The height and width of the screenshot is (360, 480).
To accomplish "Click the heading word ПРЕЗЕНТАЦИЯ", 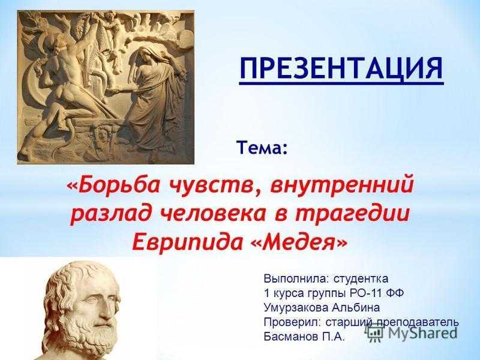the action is pyautogui.click(x=341, y=68).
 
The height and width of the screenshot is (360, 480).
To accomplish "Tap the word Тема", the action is pyautogui.click(x=260, y=148).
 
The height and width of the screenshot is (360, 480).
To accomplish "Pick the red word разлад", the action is pyautogui.click(x=111, y=214).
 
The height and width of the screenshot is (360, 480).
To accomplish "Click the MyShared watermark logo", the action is pyautogui.click(x=412, y=333).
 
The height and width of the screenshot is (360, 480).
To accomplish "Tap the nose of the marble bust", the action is pyautogui.click(x=104, y=308).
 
